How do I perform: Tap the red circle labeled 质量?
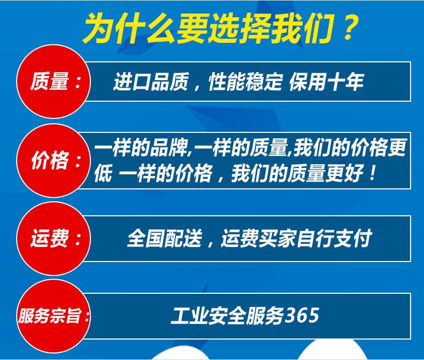click(x=54, y=81)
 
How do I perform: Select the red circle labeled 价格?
click(x=54, y=161)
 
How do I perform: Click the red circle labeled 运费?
click(x=54, y=238)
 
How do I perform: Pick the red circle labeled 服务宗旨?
click(x=54, y=316)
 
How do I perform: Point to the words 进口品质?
click(x=150, y=82)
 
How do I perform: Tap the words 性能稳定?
click(x=245, y=82)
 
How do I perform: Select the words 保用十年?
click(x=327, y=82)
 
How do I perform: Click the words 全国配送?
click(x=165, y=238)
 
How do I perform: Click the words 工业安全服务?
click(x=228, y=315)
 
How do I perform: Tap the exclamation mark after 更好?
click(x=373, y=173)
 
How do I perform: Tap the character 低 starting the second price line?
click(x=103, y=173)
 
